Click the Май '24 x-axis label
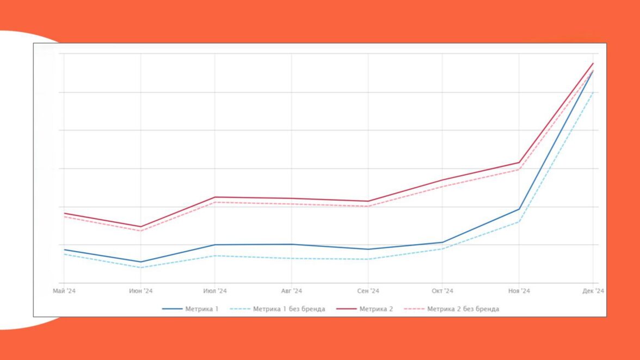[64, 291]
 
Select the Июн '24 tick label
[140, 291]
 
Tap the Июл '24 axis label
[215, 291]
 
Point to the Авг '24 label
[291, 291]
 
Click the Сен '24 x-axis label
[368, 291]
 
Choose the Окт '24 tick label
[442, 291]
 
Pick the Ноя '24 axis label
[519, 291]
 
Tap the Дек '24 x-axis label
[593, 291]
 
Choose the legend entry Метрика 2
[365, 309]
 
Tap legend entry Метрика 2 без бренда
[452, 309]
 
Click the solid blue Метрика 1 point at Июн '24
[140, 262]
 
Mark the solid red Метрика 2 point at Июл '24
[215, 197]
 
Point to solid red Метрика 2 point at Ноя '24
[519, 163]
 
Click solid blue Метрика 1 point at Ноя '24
[519, 209]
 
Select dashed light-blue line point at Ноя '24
[519, 222]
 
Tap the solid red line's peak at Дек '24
[593, 64]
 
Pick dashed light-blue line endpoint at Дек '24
[593, 92]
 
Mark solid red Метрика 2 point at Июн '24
[140, 227]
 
